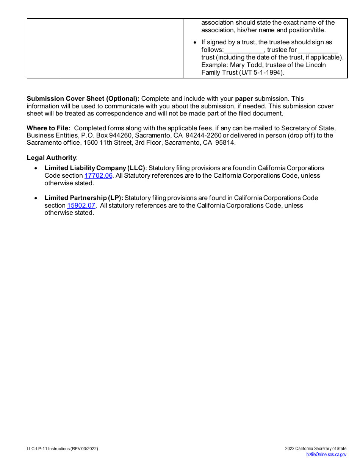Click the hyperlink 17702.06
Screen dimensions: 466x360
click(x=98, y=175)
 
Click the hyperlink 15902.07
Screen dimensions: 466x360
click(x=81, y=205)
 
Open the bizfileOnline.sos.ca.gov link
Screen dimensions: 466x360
click(x=326, y=455)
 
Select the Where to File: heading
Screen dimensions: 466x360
click(x=49, y=128)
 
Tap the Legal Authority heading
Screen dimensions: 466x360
click(x=51, y=158)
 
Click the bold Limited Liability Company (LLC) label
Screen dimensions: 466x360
click(x=95, y=168)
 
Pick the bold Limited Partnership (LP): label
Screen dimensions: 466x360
click(x=84, y=198)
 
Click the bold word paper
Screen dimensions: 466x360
click(x=244, y=99)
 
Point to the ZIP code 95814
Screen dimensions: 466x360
click(x=225, y=143)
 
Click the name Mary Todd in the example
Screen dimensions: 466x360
click(x=245, y=65)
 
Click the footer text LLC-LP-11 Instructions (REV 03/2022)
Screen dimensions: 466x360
click(x=63, y=449)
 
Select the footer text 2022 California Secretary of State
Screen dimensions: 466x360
click(x=316, y=449)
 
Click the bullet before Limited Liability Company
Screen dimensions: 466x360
click(x=36, y=168)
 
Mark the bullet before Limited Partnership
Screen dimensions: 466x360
click(x=36, y=198)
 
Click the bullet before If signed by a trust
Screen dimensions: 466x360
click(x=195, y=42)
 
